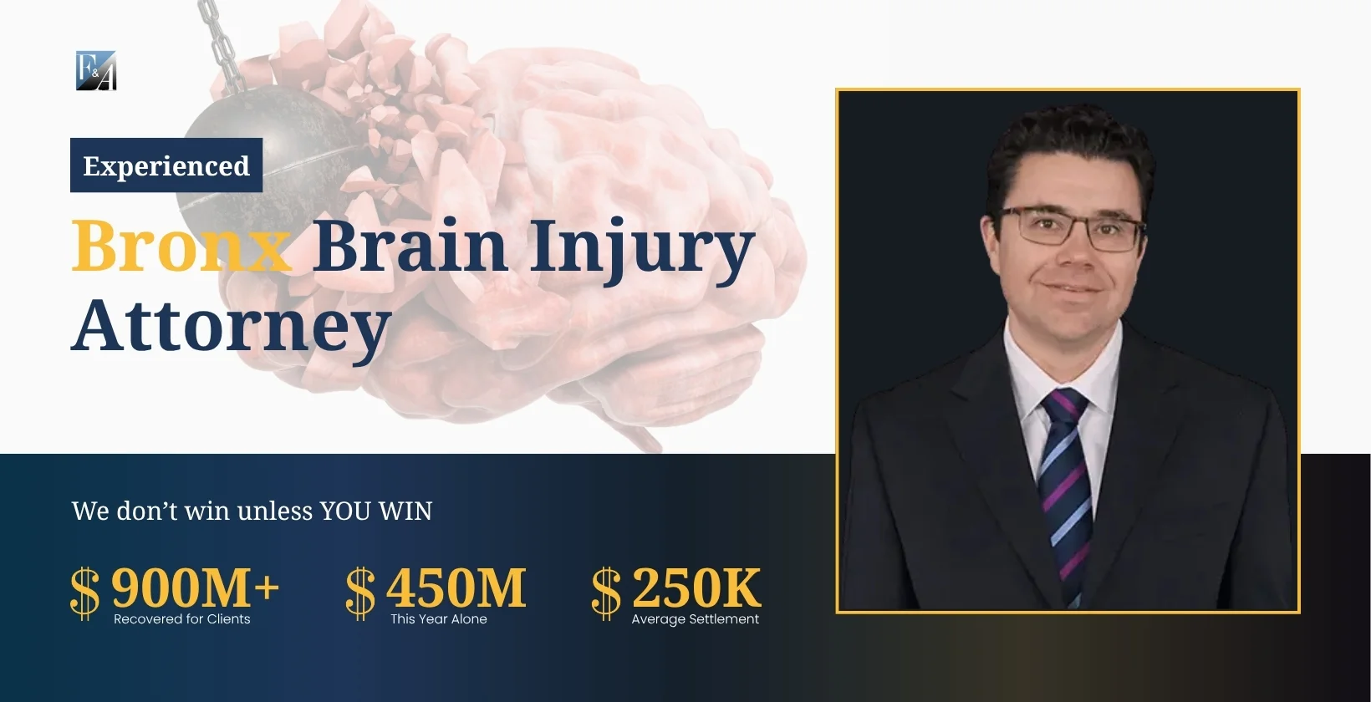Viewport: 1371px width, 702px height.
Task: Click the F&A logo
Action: [x=96, y=70]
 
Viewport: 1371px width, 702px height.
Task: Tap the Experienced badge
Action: [x=166, y=165]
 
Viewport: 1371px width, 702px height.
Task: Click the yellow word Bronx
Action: [x=181, y=246]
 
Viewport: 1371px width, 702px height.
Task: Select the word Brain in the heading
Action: [x=410, y=246]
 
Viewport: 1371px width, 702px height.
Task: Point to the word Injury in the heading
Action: [x=641, y=249]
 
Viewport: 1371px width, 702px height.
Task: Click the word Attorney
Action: [x=232, y=326]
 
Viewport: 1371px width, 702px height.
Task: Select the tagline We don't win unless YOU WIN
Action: [x=252, y=511]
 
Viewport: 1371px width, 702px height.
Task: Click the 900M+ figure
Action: [x=195, y=587]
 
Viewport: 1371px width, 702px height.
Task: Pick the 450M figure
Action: [x=456, y=587]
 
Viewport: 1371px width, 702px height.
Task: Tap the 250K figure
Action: [x=696, y=587]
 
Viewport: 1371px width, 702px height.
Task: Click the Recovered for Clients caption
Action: [x=182, y=619]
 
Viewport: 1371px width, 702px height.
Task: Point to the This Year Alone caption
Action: [x=439, y=619]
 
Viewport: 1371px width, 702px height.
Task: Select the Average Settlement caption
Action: [x=696, y=619]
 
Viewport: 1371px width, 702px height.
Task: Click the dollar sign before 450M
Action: [x=360, y=593]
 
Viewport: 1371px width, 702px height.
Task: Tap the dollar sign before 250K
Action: [x=606, y=593]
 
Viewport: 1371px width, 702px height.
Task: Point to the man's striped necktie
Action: [x=1066, y=485]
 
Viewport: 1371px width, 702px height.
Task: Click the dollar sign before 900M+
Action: [x=84, y=593]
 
